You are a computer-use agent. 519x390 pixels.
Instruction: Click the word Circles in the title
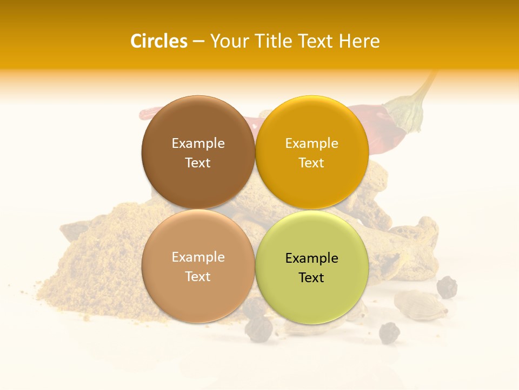point(158,41)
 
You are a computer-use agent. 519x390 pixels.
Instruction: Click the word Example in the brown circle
point(198,143)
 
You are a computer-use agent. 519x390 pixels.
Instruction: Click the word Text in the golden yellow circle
point(311,163)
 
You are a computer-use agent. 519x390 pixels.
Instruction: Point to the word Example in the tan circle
point(198,257)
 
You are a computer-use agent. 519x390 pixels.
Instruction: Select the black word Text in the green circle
point(311,278)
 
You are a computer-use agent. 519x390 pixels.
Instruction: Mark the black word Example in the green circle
point(311,258)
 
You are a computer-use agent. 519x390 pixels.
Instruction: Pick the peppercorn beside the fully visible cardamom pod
point(447,287)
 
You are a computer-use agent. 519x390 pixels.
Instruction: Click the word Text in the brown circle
point(198,163)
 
